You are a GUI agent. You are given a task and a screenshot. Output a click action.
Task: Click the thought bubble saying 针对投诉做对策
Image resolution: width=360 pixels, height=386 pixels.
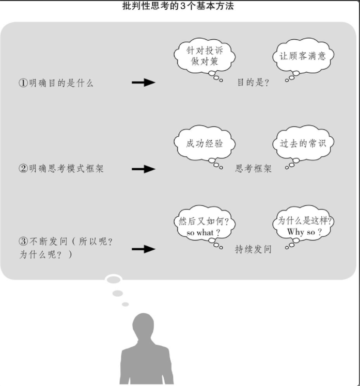point(204,55)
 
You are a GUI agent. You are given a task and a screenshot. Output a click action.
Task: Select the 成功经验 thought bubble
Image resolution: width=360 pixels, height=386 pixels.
point(205,143)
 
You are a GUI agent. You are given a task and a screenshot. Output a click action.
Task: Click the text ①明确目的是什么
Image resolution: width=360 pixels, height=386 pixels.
point(56,83)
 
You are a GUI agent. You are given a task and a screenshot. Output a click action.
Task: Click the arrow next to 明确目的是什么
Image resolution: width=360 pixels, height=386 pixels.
point(143,83)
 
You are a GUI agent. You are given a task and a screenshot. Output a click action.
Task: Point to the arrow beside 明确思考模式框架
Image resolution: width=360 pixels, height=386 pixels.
point(143,169)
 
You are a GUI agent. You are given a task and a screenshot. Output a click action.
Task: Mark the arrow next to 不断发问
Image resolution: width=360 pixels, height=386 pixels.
point(143,249)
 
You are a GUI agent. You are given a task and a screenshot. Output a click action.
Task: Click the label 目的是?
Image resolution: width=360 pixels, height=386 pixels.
point(253,83)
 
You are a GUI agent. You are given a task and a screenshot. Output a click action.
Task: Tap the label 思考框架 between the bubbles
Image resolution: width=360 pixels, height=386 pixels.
point(253,169)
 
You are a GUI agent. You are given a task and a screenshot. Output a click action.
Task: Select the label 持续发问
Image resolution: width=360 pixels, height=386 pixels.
point(253,249)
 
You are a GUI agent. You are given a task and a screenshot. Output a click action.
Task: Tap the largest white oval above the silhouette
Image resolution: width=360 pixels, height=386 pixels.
point(114,280)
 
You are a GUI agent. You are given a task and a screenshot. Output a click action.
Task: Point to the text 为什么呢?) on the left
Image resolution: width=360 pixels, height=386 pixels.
point(46,255)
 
